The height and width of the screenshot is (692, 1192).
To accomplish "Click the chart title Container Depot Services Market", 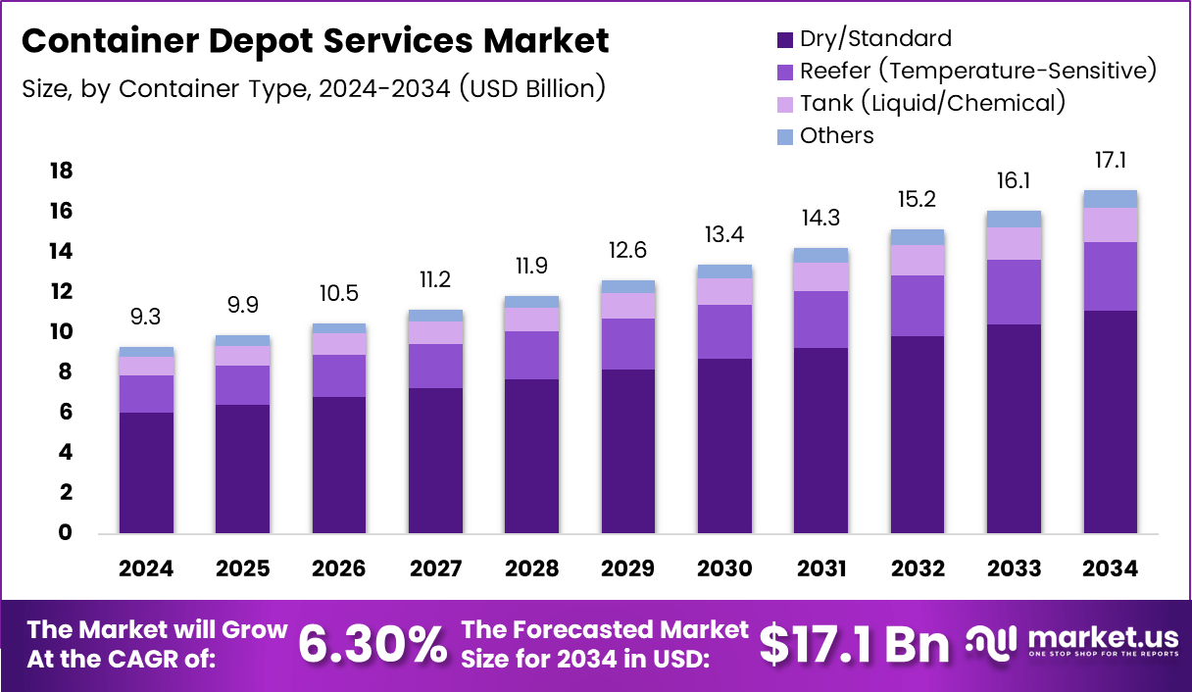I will click(315, 41).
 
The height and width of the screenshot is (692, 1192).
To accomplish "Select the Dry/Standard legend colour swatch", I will click(784, 40).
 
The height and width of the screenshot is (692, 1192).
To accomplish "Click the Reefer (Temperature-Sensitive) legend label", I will click(978, 71).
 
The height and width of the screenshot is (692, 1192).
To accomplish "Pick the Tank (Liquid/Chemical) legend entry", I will click(931, 103).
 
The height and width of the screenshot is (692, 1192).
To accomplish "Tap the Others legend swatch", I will click(784, 136).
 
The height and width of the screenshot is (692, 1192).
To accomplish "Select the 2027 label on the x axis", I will click(435, 569).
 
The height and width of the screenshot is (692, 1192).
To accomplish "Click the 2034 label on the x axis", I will click(1111, 569).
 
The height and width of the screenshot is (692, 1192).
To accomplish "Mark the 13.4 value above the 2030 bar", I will click(724, 236).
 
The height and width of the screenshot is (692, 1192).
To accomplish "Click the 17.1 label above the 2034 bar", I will click(1111, 161).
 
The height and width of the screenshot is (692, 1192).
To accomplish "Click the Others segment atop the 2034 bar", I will click(1111, 199).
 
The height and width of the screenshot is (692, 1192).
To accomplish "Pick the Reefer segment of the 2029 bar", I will click(628, 344).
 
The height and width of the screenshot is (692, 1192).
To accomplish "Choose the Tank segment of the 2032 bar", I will click(918, 260).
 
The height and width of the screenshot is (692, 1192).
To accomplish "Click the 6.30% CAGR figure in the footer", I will click(372, 644).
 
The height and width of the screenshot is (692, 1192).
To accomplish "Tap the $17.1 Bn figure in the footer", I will click(854, 644).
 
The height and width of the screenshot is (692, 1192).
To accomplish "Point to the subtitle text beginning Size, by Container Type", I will click(313, 88).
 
